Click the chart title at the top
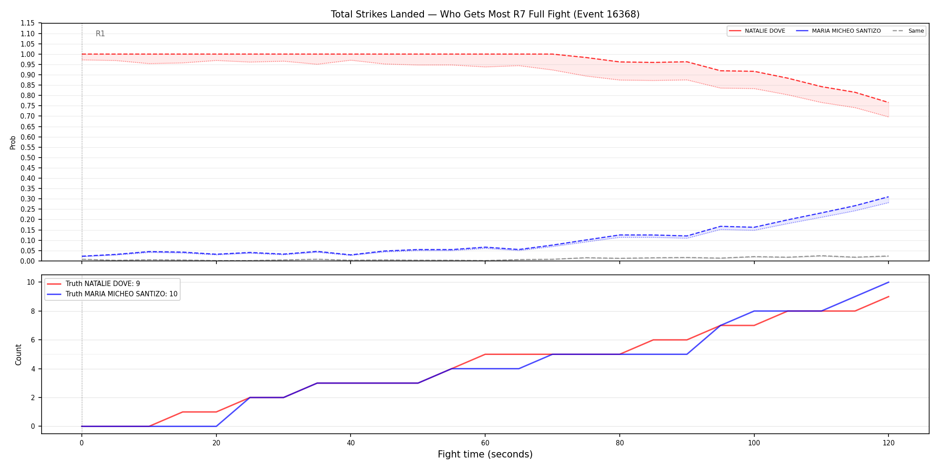tap(485, 14)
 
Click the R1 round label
tap(100, 34)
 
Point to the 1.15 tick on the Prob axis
tap(28, 23)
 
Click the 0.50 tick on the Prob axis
tap(28, 158)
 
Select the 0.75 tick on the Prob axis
tap(28, 106)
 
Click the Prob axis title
tap(13, 142)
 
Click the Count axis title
tap(18, 355)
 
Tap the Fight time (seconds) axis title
tap(485, 454)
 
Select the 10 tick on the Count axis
tap(31, 282)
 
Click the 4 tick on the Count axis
tap(33, 369)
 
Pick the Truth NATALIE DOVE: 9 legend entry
tap(93, 284)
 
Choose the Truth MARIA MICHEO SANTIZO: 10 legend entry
tap(112, 294)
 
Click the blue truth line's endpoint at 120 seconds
tap(888, 282)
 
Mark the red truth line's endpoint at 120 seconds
tap(888, 296)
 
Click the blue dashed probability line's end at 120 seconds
tap(888, 197)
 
